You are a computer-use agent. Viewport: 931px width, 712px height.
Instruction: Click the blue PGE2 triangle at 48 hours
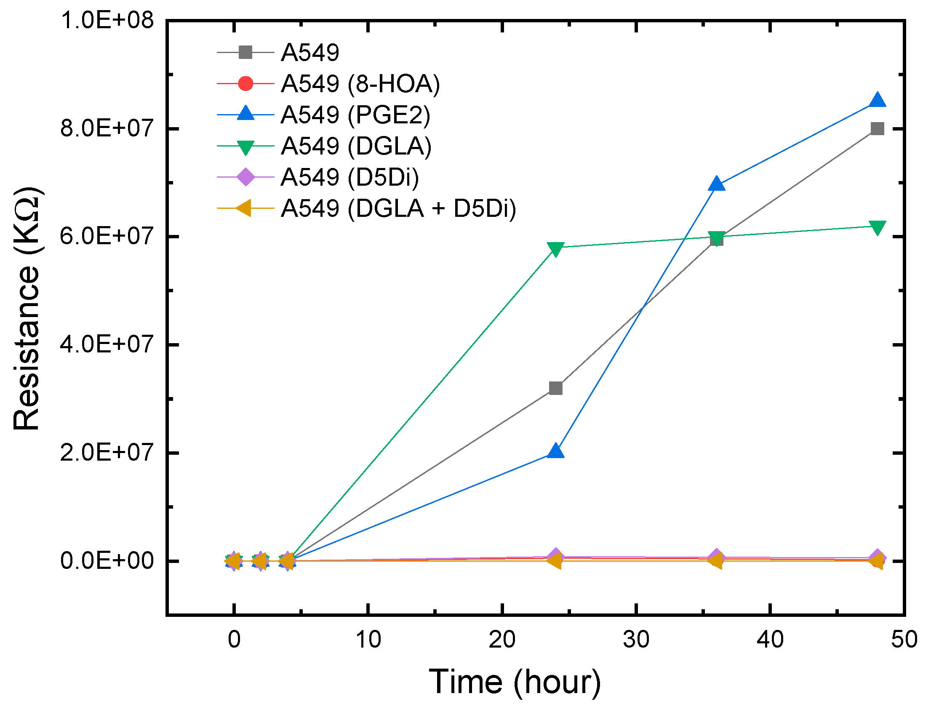point(877,101)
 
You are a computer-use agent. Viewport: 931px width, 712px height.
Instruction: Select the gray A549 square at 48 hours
point(877,128)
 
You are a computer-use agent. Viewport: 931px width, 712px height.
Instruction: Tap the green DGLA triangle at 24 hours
point(555,249)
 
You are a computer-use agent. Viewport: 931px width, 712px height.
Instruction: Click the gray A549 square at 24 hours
point(555,388)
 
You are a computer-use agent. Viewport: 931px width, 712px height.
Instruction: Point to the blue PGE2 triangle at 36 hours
point(716,184)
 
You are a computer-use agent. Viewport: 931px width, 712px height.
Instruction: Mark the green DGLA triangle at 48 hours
point(877,228)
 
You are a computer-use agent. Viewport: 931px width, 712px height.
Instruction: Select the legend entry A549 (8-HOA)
point(360,83)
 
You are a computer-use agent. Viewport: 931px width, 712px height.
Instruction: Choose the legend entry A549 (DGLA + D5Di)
point(398,208)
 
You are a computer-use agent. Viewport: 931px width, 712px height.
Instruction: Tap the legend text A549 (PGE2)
point(355,115)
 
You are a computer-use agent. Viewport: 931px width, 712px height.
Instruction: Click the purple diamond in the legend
point(245,177)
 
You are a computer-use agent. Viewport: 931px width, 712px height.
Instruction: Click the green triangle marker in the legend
point(245,147)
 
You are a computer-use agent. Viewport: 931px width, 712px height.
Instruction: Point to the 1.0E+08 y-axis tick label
point(107,20)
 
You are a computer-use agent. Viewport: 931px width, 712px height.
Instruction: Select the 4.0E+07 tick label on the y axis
point(107,344)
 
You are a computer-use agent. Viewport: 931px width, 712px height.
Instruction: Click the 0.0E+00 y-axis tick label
point(107,561)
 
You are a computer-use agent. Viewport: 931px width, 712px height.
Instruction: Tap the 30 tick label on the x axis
point(636,640)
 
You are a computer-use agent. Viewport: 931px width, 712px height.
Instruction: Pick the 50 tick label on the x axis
point(904,640)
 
